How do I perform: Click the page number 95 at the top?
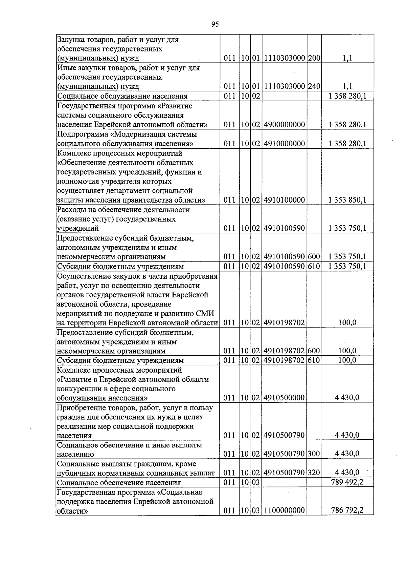click(215, 24)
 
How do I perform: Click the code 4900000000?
click(284, 125)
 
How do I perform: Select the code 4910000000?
click(284, 144)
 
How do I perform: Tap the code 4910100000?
click(284, 200)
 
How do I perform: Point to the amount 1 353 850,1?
click(347, 200)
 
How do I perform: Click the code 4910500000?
click(284, 398)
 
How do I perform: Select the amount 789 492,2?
click(347, 482)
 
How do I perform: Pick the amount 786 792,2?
click(347, 510)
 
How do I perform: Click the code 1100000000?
click(284, 510)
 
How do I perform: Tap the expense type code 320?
click(314, 473)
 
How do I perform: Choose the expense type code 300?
click(314, 454)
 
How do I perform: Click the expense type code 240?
click(314, 86)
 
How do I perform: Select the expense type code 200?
click(314, 58)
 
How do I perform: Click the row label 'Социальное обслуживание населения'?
click(122, 96)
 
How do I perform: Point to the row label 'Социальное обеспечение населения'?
click(119, 483)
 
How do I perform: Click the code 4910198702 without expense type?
click(284, 323)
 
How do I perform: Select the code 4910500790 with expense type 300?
click(284, 454)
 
